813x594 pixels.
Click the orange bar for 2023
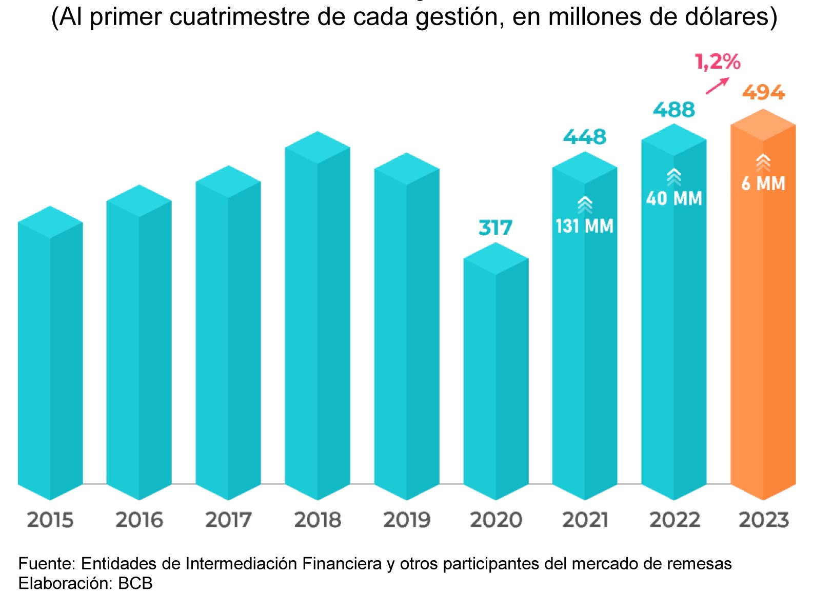pyautogui.click(x=763, y=304)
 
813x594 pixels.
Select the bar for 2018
pyautogui.click(x=317, y=316)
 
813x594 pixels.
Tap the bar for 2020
pyautogui.click(x=496, y=372)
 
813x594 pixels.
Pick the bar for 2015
pyautogui.click(x=50, y=353)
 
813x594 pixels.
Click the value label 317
pyautogui.click(x=495, y=228)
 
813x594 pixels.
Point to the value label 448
pyautogui.click(x=585, y=137)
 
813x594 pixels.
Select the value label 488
pyautogui.click(x=674, y=109)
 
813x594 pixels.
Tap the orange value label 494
pyautogui.click(x=764, y=92)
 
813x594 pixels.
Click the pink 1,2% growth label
pyautogui.click(x=718, y=62)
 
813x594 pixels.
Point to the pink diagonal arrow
pyautogui.click(x=717, y=86)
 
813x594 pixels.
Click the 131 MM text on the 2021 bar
pyautogui.click(x=584, y=226)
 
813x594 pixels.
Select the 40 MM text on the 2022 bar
pyautogui.click(x=674, y=198)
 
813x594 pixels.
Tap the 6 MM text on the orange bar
pyautogui.click(x=763, y=183)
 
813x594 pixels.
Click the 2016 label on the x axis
pyautogui.click(x=140, y=520)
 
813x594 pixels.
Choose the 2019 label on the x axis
pyautogui.click(x=407, y=520)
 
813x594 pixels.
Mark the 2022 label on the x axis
pyautogui.click(x=675, y=520)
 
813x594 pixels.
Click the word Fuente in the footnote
pyautogui.click(x=47, y=563)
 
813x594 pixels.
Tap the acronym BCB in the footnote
pyautogui.click(x=135, y=583)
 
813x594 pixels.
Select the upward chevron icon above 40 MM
pyautogui.click(x=674, y=177)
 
